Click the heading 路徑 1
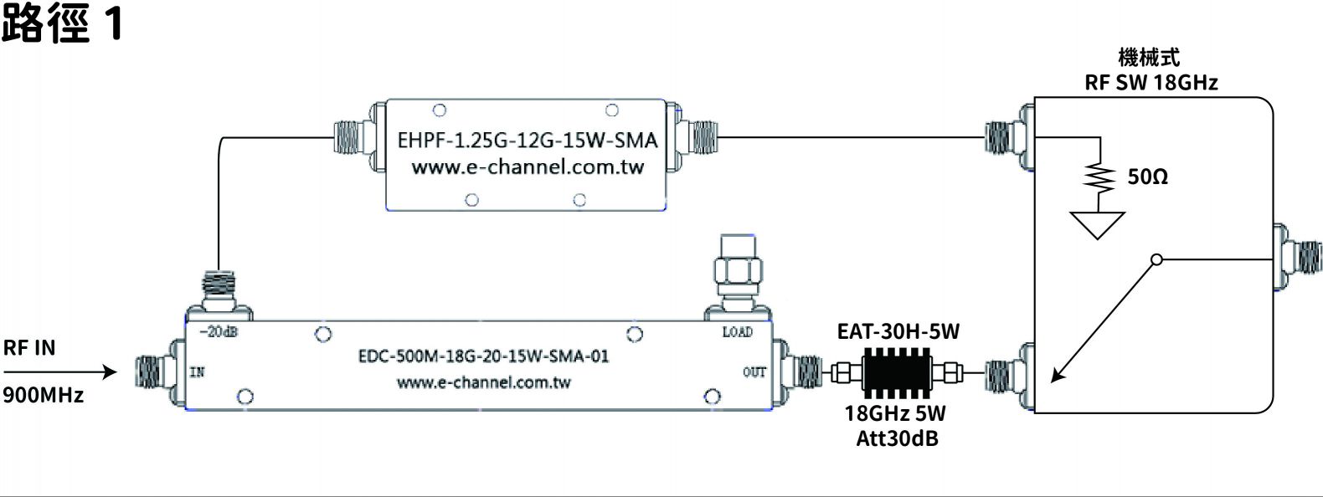coord(63,23)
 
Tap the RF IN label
coord(29,348)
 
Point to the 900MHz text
coord(43,394)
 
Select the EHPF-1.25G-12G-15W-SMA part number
coord(528,141)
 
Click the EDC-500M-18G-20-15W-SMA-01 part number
coord(484,356)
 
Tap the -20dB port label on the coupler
coord(219,331)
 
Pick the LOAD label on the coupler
coord(738,332)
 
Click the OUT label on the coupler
coord(754,371)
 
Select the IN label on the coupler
coord(198,371)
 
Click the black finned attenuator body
coord(897,372)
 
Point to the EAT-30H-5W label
coord(898,331)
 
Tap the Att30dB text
coord(897,438)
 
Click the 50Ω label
coord(1148,177)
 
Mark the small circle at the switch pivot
coord(1157,259)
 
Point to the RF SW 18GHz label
coord(1151,83)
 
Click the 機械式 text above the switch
coord(1150,58)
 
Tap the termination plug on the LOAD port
coord(737,272)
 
